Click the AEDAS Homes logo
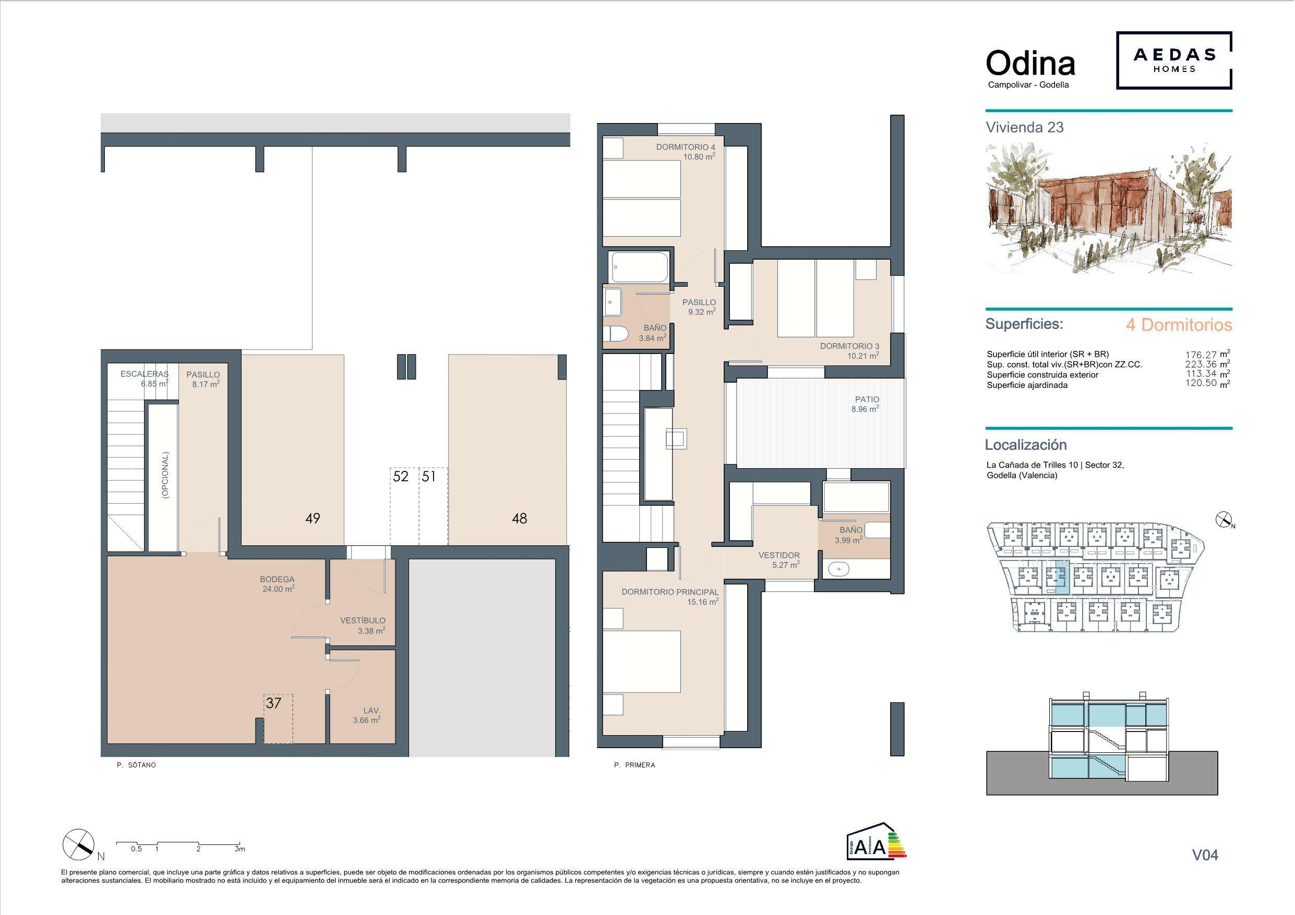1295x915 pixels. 1174,60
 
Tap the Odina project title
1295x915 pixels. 1030,64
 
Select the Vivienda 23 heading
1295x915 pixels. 1024,127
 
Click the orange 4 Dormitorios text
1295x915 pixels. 1179,325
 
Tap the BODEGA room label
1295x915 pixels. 277,579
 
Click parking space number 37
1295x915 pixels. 273,703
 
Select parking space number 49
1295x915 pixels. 313,518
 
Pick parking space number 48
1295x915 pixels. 520,518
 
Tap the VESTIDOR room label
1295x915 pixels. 779,555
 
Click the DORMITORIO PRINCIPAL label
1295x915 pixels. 670,592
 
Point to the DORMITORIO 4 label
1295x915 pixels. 685,147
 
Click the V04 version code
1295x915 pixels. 1205,855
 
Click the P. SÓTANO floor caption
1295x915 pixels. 136,765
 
